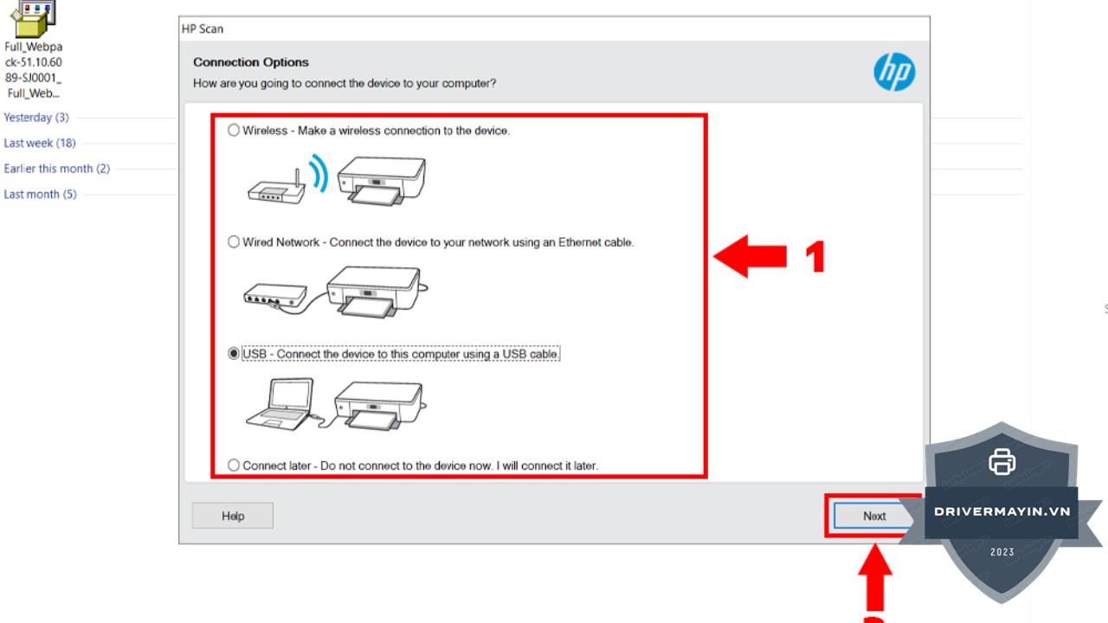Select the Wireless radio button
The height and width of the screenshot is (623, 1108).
[x=234, y=130]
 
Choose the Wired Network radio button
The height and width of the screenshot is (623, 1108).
[x=234, y=241]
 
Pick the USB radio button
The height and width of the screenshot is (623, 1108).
[x=234, y=354]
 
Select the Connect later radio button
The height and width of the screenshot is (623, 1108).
[x=234, y=466]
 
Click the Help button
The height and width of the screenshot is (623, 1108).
[x=233, y=516]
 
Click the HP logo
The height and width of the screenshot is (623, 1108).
[x=894, y=72]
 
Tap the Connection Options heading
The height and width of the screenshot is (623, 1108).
[x=251, y=62]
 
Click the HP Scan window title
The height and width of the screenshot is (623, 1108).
[x=203, y=29]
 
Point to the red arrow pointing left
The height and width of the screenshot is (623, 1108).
[x=750, y=256]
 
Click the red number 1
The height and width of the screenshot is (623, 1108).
[x=815, y=256]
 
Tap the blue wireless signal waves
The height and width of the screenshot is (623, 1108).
[x=319, y=173]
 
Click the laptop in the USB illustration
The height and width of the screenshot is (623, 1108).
[x=280, y=403]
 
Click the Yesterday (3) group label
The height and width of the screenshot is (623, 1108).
[x=36, y=118]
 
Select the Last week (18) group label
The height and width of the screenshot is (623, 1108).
[x=40, y=143]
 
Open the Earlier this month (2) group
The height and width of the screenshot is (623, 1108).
[x=57, y=169]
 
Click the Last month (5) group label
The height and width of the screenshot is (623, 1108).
[x=40, y=195]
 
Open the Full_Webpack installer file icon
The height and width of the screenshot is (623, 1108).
[x=34, y=19]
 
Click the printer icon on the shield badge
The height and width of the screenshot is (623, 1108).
[x=1002, y=462]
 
